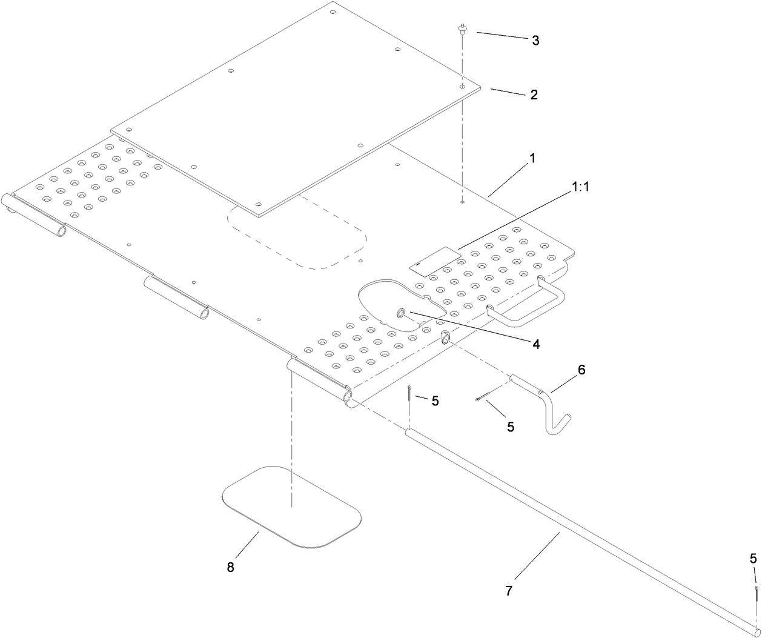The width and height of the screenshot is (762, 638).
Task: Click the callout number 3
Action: (x=535, y=41)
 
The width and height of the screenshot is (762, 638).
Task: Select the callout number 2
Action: (x=533, y=95)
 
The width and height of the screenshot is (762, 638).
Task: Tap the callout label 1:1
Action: (x=580, y=187)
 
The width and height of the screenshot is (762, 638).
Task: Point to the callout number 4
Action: (x=535, y=344)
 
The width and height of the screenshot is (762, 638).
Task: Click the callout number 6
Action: (x=581, y=370)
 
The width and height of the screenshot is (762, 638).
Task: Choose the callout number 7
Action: (x=508, y=591)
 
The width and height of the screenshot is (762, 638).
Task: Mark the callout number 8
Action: (x=230, y=567)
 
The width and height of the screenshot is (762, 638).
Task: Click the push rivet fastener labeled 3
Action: (x=462, y=28)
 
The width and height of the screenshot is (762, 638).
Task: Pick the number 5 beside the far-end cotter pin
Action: (x=753, y=558)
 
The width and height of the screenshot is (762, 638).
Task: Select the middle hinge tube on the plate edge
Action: (x=176, y=297)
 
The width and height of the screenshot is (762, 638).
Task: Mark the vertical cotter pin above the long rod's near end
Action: (x=410, y=393)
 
